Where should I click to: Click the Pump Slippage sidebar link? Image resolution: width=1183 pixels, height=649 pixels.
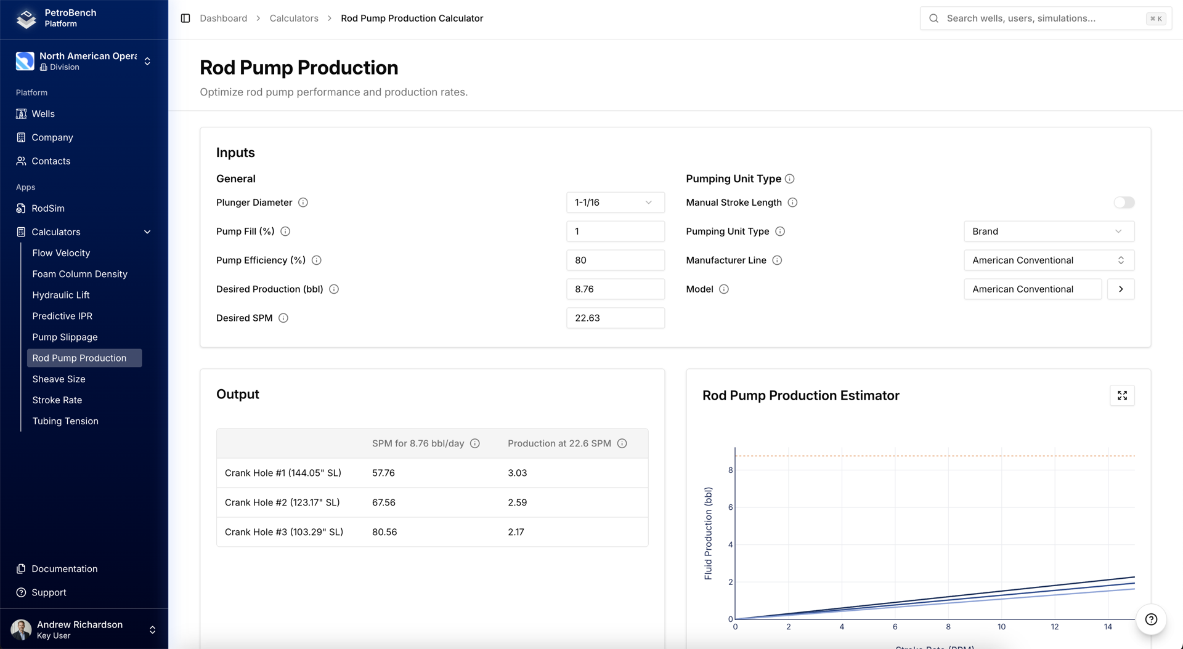click(x=65, y=337)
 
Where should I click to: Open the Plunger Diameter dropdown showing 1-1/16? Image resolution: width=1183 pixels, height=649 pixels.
click(x=614, y=203)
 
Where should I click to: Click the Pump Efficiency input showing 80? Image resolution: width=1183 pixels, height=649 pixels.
click(x=614, y=260)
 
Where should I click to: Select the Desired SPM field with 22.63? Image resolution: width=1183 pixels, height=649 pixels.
click(x=614, y=318)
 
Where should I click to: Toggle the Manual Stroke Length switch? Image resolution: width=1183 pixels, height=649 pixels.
click(x=1123, y=203)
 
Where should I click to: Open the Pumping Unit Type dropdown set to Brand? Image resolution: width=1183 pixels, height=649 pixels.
click(x=1048, y=232)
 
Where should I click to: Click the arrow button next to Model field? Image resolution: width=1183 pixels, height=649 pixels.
click(x=1120, y=289)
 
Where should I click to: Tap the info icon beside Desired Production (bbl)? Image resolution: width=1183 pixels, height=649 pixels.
click(x=334, y=289)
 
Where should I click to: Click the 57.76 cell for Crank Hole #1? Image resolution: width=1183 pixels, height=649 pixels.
click(x=383, y=473)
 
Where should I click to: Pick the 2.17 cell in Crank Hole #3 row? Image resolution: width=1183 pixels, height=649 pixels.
click(x=516, y=532)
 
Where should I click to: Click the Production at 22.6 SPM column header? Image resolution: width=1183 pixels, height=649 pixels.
click(x=559, y=443)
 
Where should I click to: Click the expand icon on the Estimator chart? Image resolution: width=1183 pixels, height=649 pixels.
click(x=1121, y=396)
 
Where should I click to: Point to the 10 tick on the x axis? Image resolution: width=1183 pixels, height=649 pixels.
click(x=1001, y=627)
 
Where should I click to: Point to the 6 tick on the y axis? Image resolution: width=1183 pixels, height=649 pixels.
click(x=731, y=507)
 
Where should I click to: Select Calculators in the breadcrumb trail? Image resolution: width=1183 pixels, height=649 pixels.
click(x=294, y=18)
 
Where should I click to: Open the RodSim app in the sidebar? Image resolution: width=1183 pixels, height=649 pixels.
click(x=48, y=208)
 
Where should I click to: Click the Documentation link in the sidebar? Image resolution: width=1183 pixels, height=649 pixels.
click(x=64, y=569)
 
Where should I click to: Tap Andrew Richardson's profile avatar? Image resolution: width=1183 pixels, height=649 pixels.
click(x=21, y=629)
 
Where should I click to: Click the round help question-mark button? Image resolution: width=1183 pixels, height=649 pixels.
click(x=1150, y=619)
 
